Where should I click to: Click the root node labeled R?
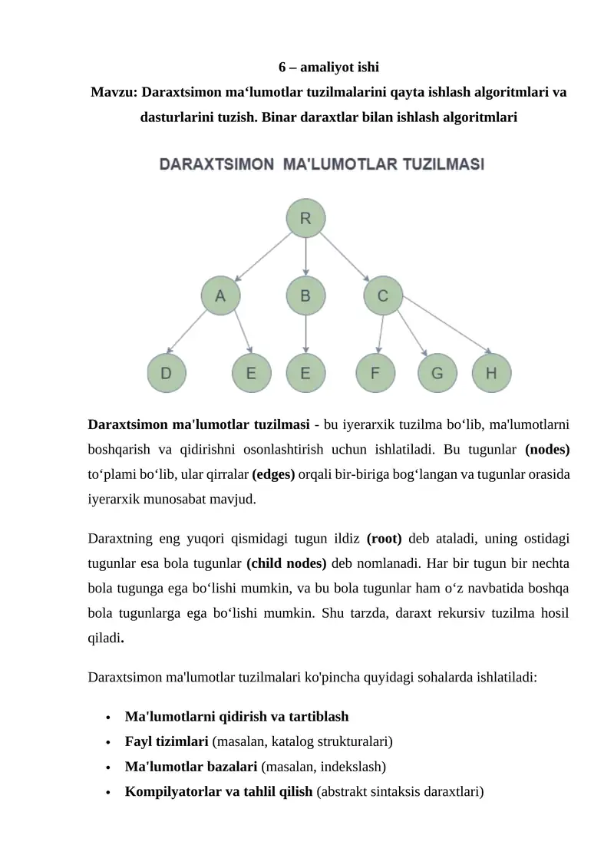305,218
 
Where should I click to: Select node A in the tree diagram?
220,295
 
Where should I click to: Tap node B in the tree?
305,295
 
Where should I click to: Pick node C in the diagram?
382,295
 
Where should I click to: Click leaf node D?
166,374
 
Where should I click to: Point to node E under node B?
305,374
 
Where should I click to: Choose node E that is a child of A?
251,374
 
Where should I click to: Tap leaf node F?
375,374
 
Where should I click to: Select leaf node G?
437,374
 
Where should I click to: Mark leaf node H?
491,374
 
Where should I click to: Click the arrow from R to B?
305,256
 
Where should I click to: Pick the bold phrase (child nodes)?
286,563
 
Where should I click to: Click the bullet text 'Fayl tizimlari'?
166,741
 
